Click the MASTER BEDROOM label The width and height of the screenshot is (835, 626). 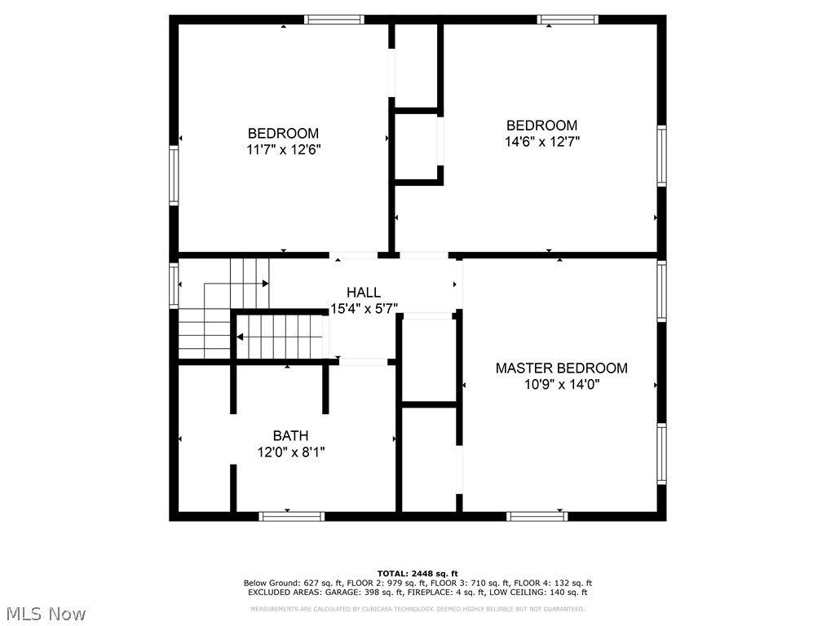pos(561,368)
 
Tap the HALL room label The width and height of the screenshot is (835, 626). pos(363,293)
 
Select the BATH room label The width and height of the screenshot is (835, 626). pos(290,436)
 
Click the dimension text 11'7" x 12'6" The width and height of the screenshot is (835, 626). pos(283,150)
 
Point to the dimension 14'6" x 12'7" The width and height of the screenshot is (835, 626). pos(541,141)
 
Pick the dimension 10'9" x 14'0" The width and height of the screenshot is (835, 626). pos(561,385)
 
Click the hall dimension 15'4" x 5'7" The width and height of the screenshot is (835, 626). pos(363,309)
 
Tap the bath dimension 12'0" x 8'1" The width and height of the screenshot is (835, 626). pos(290,452)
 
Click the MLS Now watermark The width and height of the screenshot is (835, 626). pos(46,613)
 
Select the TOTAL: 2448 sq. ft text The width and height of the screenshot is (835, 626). pos(417,574)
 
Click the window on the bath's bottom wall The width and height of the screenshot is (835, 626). pos(291,516)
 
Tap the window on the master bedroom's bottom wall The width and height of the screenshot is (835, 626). pos(537,516)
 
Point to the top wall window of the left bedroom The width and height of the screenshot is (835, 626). pos(334,20)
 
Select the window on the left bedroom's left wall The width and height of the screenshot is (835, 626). pos(173,174)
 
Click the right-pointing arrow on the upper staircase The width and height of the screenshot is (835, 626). pos(265,284)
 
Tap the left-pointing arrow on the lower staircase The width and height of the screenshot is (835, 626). pos(240,337)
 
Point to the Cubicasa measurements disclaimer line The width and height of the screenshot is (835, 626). pos(417,609)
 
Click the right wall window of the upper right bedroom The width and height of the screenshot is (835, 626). pos(662,156)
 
